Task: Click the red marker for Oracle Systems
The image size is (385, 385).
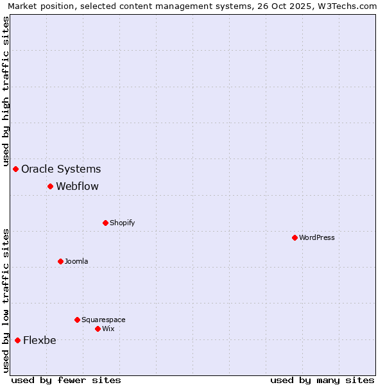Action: tap(16, 169)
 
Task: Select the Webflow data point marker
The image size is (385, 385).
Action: tap(50, 186)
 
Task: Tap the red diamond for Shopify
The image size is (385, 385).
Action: tap(105, 223)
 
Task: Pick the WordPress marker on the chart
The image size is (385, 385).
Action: tap(295, 237)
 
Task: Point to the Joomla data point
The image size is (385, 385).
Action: tap(60, 261)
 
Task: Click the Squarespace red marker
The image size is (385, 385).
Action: tap(77, 320)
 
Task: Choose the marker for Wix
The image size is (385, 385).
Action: tap(98, 329)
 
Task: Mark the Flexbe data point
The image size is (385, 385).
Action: tap(17, 340)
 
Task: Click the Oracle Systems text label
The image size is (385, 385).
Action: tap(61, 169)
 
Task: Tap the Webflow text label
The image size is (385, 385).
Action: tap(77, 187)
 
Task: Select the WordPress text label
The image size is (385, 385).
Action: tap(317, 238)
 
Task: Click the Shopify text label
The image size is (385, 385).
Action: tap(122, 223)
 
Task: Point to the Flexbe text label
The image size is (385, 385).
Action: tap(39, 341)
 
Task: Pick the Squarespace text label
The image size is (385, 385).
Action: tap(103, 320)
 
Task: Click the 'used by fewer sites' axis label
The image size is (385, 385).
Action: tap(66, 380)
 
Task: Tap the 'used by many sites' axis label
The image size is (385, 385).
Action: tap(322, 380)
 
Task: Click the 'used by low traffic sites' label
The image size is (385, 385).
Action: tap(6, 300)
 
